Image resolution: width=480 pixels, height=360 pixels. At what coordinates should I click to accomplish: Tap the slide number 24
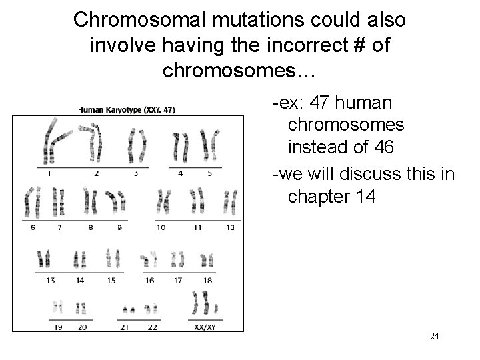coord(434,336)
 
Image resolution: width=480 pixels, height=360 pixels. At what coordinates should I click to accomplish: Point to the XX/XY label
coord(204,327)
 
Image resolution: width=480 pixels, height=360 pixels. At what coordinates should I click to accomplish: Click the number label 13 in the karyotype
coord(50,281)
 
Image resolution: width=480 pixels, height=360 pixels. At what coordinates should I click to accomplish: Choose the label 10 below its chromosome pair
coord(161,228)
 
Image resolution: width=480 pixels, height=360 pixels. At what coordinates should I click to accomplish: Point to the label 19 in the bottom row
coord(57,327)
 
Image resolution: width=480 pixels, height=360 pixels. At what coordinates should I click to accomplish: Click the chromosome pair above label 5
coord(210,143)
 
